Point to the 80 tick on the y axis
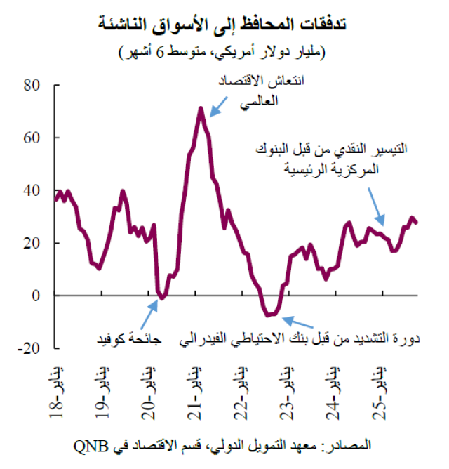pos(32,86)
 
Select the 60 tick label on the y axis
pos(32,138)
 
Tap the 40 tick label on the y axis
pos(32,191)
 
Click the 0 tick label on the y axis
pos(37,296)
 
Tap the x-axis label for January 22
pos(241,393)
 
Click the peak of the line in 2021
pos(201,108)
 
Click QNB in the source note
pos(89,445)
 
